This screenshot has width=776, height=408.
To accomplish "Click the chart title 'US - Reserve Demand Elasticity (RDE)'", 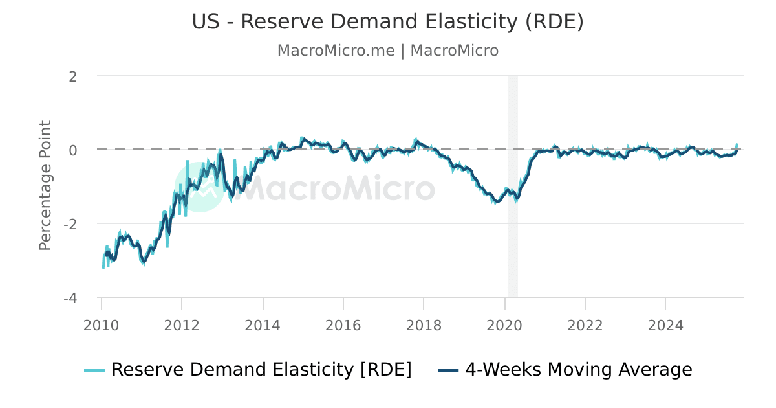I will [x=387, y=21].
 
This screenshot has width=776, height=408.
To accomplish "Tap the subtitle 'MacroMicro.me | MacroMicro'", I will [x=387, y=51].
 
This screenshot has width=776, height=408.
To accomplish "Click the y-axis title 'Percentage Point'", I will [x=45, y=185].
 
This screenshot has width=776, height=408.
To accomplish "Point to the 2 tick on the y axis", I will [x=73, y=76].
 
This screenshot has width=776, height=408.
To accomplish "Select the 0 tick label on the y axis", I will [x=73, y=150].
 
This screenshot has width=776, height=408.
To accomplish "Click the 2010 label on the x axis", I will [x=102, y=325].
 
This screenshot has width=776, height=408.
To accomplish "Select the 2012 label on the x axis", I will [x=182, y=325].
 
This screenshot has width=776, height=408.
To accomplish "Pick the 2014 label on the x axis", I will [x=263, y=325].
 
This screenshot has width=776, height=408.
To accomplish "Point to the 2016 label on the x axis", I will [x=343, y=325].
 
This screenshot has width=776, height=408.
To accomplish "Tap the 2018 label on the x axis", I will [x=424, y=325].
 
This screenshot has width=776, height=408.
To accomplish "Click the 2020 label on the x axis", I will [x=504, y=325].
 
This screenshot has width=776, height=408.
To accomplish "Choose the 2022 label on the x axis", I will [x=585, y=325].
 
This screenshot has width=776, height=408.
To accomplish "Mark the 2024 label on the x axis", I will [x=665, y=325].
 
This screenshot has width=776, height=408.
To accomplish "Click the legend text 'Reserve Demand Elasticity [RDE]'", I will [x=261, y=370].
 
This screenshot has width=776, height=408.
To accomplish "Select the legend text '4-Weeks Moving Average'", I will [x=579, y=370].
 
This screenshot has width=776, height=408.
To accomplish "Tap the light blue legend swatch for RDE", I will [x=94, y=370].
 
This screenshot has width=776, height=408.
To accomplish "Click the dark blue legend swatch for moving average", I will [x=448, y=370].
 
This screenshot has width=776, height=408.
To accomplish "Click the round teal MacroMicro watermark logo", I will [x=200, y=187].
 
